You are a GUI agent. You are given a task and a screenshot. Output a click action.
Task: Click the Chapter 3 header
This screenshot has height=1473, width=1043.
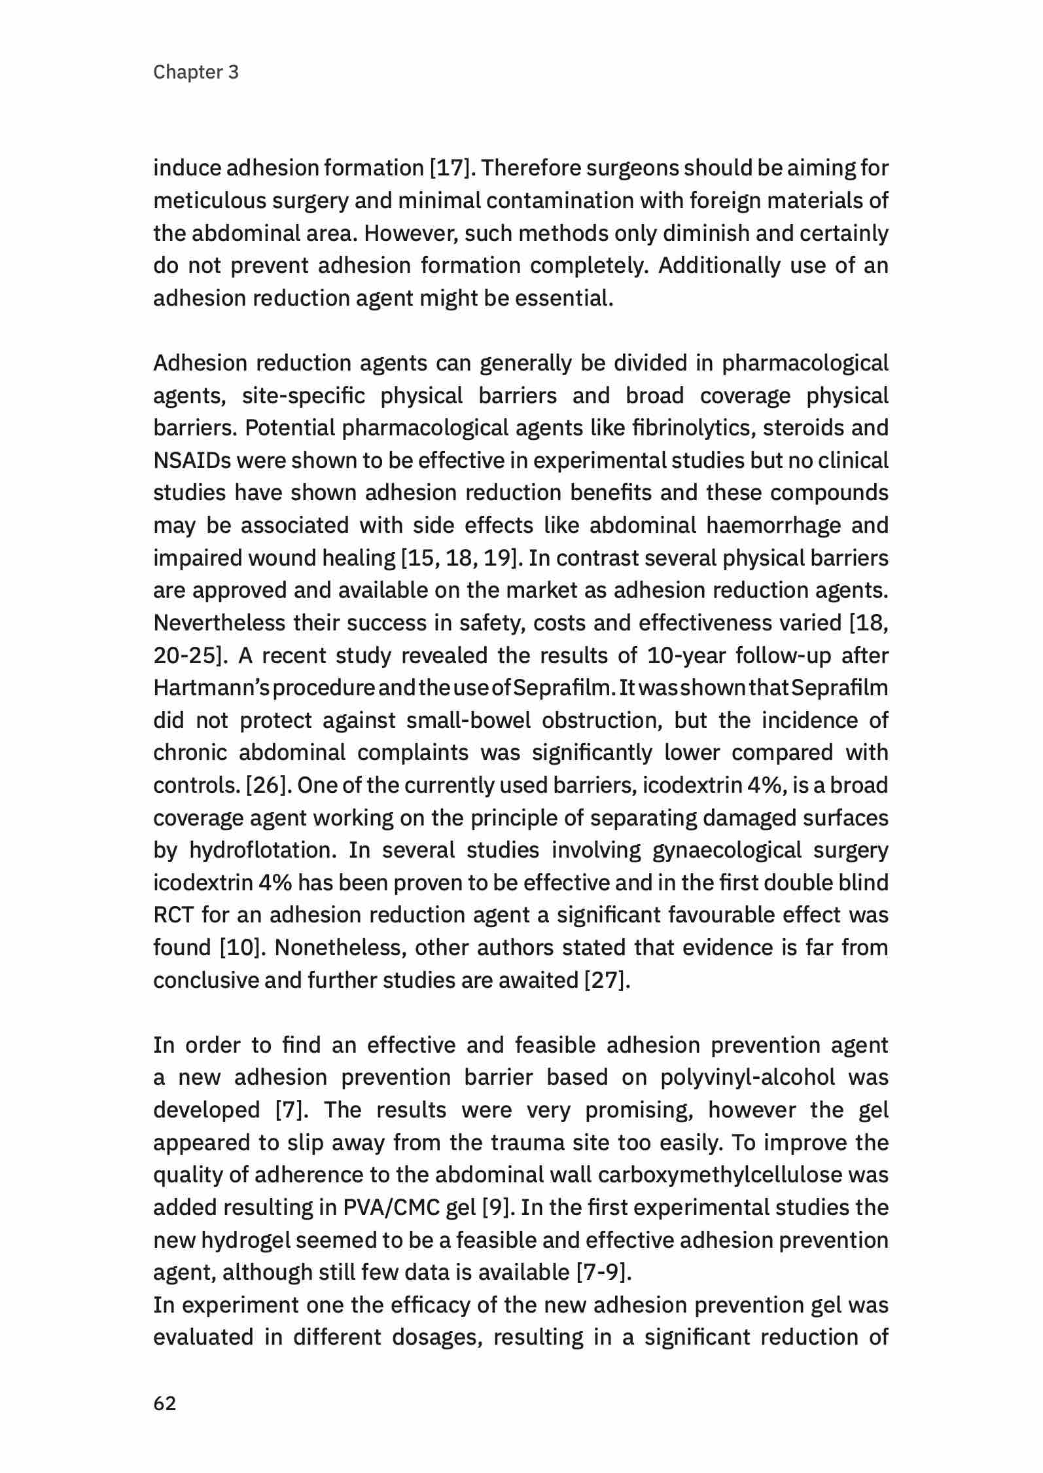(196, 72)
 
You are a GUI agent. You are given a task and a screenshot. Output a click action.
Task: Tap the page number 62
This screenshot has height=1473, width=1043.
(164, 1404)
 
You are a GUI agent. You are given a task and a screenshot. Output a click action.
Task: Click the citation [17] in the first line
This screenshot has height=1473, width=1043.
(450, 168)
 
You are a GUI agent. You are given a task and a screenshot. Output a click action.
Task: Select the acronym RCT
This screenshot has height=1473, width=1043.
(173, 915)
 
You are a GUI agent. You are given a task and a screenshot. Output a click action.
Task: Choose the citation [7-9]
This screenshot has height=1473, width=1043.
(604, 1273)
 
